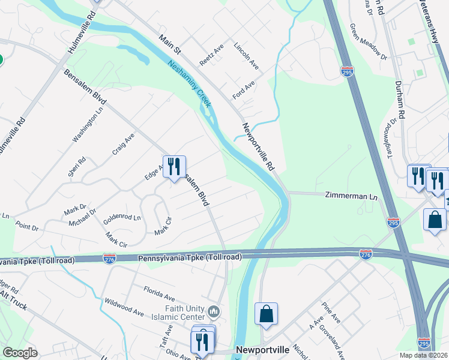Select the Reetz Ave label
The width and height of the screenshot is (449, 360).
tap(211, 54)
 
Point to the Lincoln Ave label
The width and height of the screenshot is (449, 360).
tap(246, 56)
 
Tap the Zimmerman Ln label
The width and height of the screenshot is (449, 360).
tap(351, 196)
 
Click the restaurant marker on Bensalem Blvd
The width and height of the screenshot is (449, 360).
tap(174, 167)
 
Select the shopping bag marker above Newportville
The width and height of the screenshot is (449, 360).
tap(266, 314)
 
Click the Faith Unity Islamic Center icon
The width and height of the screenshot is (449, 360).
tap(214, 311)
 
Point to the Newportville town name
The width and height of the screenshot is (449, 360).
tap(263, 350)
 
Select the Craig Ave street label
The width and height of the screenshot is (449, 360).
tap(123, 145)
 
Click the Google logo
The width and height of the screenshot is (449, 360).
tap(20, 353)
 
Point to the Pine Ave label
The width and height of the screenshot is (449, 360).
tap(331, 313)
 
